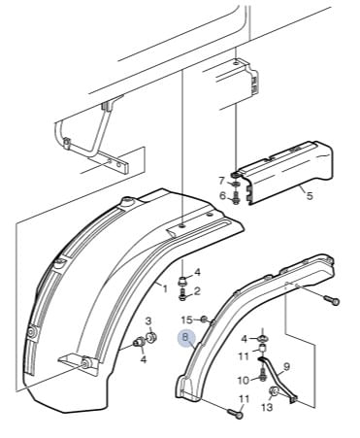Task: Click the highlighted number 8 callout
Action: click(185, 338)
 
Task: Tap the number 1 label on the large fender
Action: click(165, 288)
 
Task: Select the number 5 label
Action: click(310, 196)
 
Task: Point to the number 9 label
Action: click(286, 367)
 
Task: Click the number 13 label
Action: click(267, 407)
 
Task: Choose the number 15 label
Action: click(187, 320)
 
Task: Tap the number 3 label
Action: click(148, 321)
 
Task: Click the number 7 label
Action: click(221, 181)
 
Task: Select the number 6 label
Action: click(222, 195)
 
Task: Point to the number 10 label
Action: click(244, 381)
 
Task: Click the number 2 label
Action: click(197, 291)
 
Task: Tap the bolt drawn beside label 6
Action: click(235, 197)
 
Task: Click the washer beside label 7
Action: click(236, 184)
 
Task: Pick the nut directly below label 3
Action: click(151, 337)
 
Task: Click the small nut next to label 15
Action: click(204, 320)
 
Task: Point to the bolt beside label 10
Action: click(263, 375)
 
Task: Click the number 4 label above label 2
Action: click(197, 273)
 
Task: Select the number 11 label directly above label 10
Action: click(244, 356)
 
